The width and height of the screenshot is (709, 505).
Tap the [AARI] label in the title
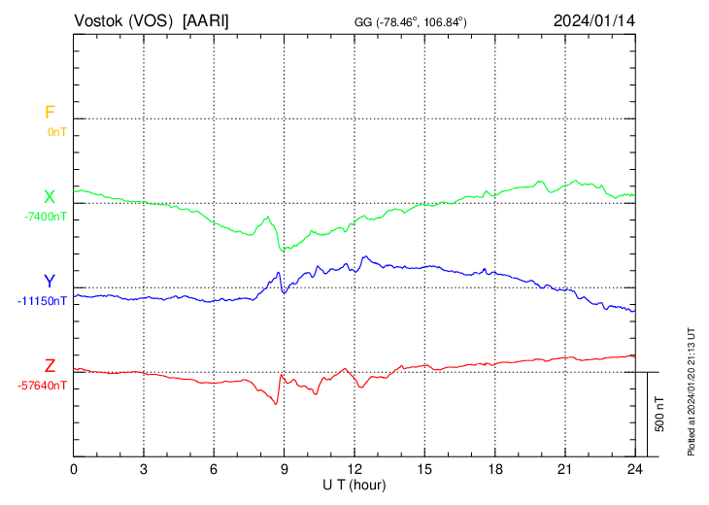(x=206, y=19)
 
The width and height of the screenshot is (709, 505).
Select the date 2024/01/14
(x=593, y=19)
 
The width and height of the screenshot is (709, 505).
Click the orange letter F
(x=50, y=113)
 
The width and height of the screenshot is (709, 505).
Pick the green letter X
(x=50, y=197)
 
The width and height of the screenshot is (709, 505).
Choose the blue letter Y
(x=50, y=282)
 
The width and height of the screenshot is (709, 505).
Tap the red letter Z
(x=50, y=366)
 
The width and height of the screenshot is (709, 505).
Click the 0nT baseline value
(x=56, y=131)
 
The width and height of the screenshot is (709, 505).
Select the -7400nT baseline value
(x=46, y=216)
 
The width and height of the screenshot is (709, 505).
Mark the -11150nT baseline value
(x=43, y=301)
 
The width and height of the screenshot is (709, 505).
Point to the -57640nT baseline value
(x=43, y=386)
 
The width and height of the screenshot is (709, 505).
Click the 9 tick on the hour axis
(x=284, y=469)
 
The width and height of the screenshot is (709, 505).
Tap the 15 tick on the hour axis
(x=423, y=469)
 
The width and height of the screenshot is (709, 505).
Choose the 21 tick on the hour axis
(x=564, y=469)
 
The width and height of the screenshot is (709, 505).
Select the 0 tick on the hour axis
(x=74, y=469)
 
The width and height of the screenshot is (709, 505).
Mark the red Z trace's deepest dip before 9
(x=276, y=403)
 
